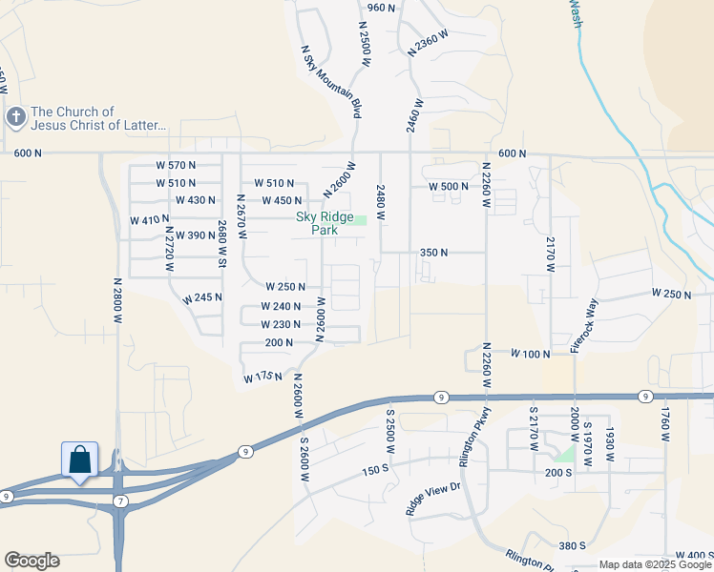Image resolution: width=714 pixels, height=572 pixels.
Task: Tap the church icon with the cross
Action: tap(15, 117)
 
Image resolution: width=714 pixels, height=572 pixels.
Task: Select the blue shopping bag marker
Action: tap(81, 460)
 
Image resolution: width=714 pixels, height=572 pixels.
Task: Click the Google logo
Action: tap(31, 561)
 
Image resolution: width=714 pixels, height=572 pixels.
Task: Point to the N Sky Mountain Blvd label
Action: tap(331, 81)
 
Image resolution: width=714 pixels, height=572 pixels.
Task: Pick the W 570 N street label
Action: tap(176, 165)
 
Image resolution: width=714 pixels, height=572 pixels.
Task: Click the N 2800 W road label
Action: tap(118, 303)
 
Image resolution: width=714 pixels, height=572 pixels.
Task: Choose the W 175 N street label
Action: tap(263, 378)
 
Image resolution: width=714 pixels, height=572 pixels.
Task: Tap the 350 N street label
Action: tap(434, 253)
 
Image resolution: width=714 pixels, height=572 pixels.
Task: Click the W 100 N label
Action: tap(531, 354)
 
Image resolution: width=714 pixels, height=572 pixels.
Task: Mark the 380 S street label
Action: tap(572, 546)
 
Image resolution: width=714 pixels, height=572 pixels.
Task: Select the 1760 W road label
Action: tap(666, 425)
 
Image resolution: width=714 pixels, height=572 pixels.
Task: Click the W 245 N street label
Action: tap(203, 297)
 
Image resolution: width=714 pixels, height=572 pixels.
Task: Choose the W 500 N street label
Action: tap(449, 187)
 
